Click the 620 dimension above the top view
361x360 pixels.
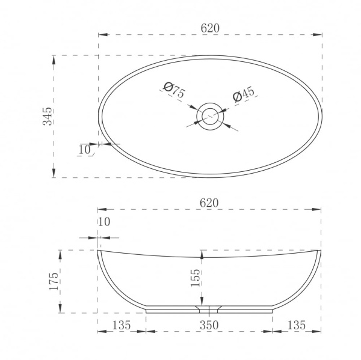210,28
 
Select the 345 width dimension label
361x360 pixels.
48,116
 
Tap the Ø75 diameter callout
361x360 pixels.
174,90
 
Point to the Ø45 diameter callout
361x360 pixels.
244,94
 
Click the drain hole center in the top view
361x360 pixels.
210,117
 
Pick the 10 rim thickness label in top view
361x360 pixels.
85,150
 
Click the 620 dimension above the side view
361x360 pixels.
209,203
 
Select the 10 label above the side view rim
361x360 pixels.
104,222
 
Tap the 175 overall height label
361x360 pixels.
54,281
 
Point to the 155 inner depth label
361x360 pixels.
196,278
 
